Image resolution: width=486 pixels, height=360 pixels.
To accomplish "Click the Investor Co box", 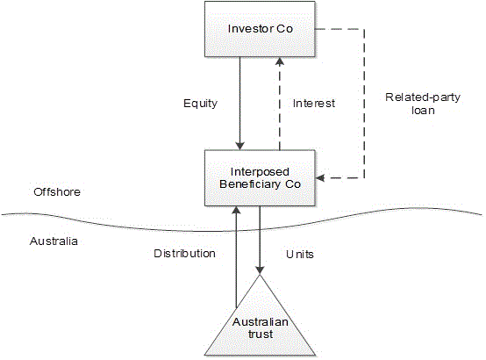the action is click(x=260, y=29).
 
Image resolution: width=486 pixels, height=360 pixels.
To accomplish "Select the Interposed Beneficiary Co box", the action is click(x=260, y=178).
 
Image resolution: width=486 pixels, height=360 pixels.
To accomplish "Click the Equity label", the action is click(x=200, y=104).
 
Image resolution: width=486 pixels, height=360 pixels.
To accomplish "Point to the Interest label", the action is click(x=314, y=104).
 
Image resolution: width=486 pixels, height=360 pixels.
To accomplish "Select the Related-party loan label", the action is click(x=423, y=104).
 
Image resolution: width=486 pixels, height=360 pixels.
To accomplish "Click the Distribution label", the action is click(x=185, y=253).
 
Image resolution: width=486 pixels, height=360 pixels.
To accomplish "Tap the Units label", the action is click(x=300, y=255).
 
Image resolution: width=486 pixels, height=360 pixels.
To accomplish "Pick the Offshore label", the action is click(x=57, y=191).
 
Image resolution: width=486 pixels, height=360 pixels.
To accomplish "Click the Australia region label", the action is click(x=54, y=241).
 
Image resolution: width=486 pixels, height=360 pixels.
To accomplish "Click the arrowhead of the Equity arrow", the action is click(x=239, y=146).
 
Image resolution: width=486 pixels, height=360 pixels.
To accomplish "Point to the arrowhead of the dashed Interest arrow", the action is click(x=280, y=61).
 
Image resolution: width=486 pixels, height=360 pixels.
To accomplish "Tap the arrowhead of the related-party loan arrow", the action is click(x=320, y=178).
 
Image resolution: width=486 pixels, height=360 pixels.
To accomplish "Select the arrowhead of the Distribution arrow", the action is click(x=236, y=211).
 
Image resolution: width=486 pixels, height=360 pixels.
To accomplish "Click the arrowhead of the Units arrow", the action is click(x=260, y=270).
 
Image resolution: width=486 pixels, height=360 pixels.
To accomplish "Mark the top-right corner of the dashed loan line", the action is click(x=364, y=30).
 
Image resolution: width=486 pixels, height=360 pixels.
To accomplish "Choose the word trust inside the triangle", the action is click(x=261, y=335).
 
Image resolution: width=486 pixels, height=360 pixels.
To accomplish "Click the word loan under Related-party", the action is click(x=423, y=111).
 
